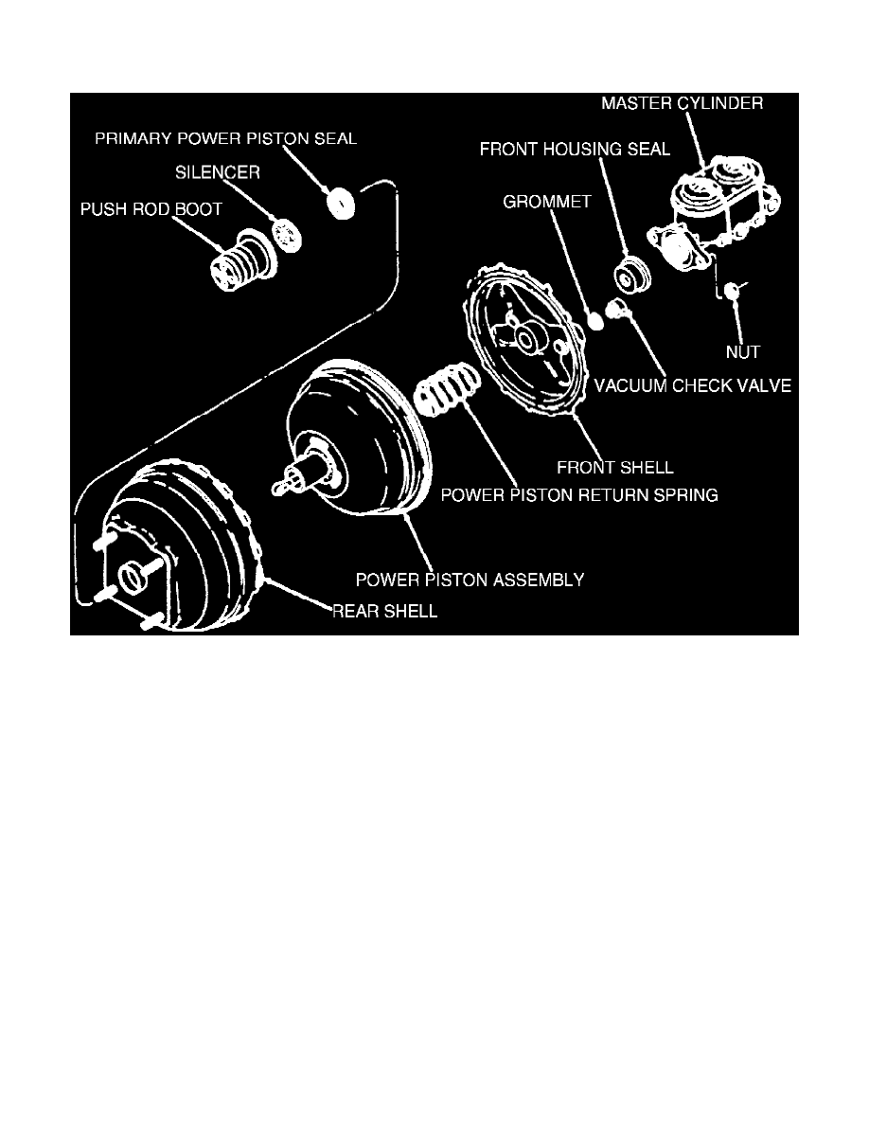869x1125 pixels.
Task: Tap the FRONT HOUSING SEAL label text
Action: [x=575, y=150]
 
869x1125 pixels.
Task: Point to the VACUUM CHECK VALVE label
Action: [x=692, y=386]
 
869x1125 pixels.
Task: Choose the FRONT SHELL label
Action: [x=615, y=468]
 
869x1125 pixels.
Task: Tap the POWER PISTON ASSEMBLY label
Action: [x=469, y=580]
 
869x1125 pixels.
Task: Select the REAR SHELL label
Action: [x=384, y=612]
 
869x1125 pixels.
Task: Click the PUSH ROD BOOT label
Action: [x=151, y=209]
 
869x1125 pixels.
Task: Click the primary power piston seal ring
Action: [x=340, y=202]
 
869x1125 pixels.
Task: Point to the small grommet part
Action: [x=595, y=321]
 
